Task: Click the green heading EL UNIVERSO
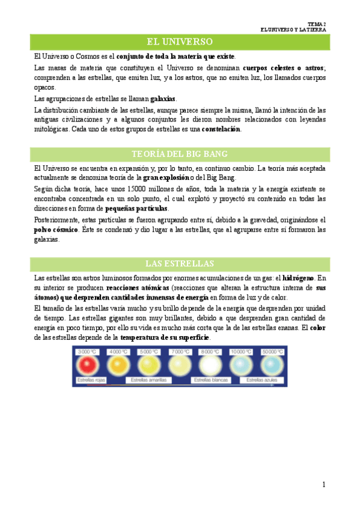pyautogui.click(x=180, y=41)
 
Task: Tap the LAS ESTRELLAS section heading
pyautogui.click(x=180, y=264)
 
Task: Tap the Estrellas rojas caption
pyautogui.click(x=91, y=380)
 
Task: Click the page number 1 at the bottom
pyautogui.click(x=324, y=485)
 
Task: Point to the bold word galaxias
pyautogui.click(x=163, y=99)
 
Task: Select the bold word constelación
pyautogui.click(x=221, y=129)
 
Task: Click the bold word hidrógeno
pyautogui.click(x=297, y=278)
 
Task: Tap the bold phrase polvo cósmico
pyautogui.click(x=56, y=230)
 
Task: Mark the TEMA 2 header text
pyautogui.click(x=316, y=22)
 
